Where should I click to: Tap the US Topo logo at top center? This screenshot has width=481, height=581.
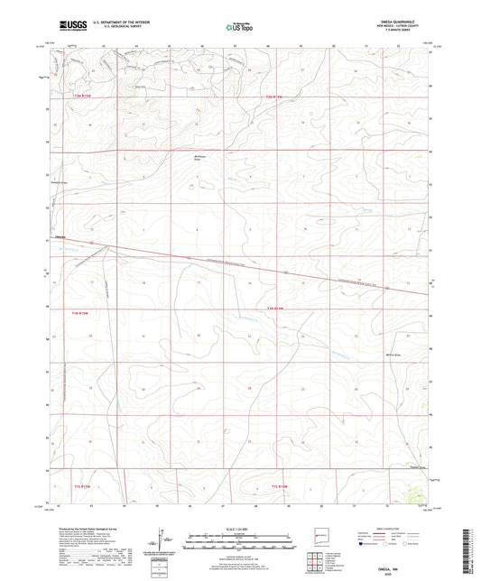[238, 27]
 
